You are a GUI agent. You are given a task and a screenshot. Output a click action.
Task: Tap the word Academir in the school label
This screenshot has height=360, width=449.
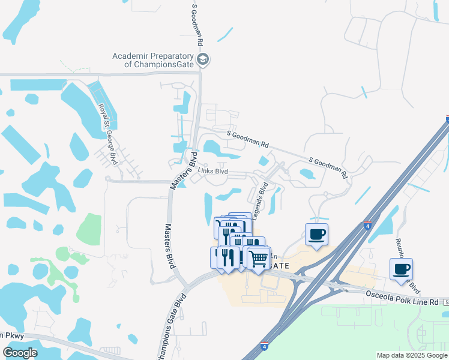point(131,56)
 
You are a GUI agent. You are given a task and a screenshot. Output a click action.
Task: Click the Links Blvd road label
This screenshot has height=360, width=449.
point(213,172)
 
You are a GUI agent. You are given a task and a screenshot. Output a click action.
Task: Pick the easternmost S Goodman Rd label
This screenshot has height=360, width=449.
point(329,168)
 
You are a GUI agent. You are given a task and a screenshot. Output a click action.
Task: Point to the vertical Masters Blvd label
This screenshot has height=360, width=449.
point(168,247)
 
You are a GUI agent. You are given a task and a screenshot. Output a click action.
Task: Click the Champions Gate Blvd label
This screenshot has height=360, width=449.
point(170,320)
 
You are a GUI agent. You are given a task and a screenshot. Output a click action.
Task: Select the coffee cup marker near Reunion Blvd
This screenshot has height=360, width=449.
point(401,269)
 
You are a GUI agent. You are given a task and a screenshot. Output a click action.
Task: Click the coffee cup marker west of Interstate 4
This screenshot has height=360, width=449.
point(316,234)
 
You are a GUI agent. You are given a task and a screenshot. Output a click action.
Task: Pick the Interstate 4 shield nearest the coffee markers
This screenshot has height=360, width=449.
point(367,226)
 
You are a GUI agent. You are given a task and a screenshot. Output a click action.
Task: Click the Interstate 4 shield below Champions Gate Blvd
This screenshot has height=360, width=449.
point(265,346)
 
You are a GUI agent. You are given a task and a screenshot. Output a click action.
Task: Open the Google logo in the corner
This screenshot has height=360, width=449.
point(20,353)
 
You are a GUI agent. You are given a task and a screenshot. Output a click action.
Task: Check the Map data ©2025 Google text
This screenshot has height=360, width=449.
point(411,355)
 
